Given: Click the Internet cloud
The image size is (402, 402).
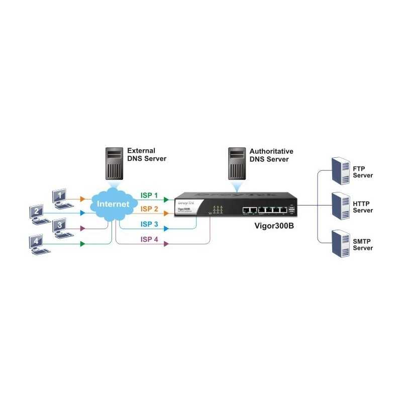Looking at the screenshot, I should [x=112, y=205].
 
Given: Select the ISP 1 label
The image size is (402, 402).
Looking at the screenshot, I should [x=149, y=195].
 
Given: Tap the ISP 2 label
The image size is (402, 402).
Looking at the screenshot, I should [x=149, y=209].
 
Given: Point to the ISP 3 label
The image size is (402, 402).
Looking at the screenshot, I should [x=149, y=224].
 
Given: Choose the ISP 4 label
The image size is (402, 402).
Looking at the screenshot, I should [x=149, y=240].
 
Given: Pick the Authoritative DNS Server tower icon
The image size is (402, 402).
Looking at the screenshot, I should [x=237, y=163].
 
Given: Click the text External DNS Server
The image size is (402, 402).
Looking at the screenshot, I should [x=146, y=155].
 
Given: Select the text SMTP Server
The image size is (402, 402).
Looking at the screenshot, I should [x=363, y=245].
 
